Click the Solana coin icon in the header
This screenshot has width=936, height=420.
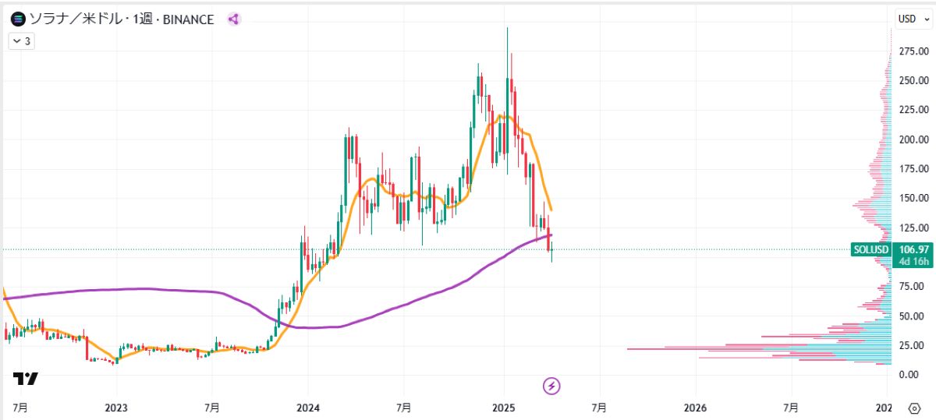[x=16, y=19]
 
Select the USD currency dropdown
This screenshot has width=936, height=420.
[x=912, y=19]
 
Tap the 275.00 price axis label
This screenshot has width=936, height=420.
[x=913, y=51]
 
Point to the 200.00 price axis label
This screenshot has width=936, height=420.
[x=913, y=139]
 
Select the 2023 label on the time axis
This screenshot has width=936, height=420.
[x=115, y=408]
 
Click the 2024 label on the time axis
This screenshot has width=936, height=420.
[x=307, y=408]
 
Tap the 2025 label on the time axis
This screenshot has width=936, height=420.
[x=503, y=408]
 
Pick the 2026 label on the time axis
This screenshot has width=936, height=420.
[x=695, y=408]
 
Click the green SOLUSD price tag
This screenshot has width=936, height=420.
[x=870, y=249]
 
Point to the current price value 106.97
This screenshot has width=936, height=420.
[x=913, y=249]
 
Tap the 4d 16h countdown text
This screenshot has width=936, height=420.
[x=913, y=261]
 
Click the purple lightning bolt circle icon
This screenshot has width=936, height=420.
[x=551, y=385]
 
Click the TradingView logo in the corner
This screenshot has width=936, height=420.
[x=25, y=379]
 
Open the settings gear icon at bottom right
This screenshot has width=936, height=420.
[x=914, y=408]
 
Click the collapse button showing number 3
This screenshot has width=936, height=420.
[x=21, y=41]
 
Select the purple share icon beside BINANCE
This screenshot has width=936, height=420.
[x=233, y=19]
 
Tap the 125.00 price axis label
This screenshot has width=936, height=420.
[x=913, y=228]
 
